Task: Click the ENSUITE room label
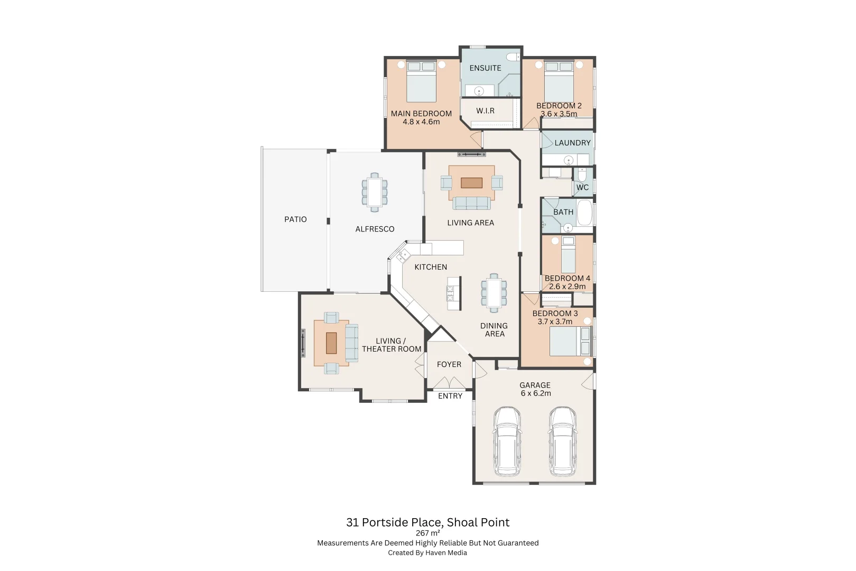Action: tap(485, 68)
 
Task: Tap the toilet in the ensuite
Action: tap(512, 57)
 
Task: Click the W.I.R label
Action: tap(485, 111)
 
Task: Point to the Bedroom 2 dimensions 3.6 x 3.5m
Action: tap(559, 114)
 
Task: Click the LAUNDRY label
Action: tap(572, 143)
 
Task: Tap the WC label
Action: tap(582, 188)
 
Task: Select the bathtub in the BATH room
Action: tap(584, 213)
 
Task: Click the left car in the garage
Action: tap(507, 441)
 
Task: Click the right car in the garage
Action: tap(562, 441)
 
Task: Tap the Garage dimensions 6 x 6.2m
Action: tap(536, 393)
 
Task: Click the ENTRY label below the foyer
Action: tap(450, 396)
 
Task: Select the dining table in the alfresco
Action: tap(375, 192)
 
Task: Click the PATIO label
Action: tap(295, 219)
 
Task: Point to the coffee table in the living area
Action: tap(471, 183)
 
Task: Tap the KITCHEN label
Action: tap(431, 267)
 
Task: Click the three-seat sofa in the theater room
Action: tap(351, 343)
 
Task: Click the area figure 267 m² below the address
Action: tap(427, 533)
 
